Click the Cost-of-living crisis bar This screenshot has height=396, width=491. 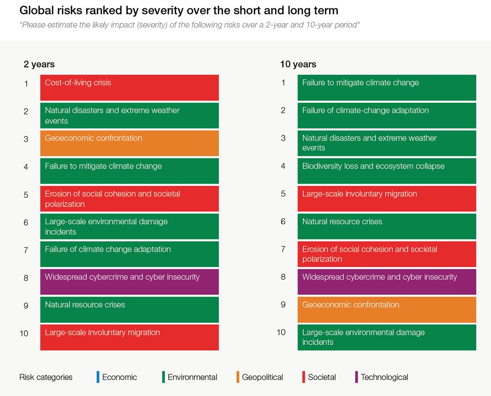coord(129,88)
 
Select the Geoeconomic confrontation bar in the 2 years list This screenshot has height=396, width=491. coord(129,143)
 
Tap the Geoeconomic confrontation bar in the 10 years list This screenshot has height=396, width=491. coord(387,309)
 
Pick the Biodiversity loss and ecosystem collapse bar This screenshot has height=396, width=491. coord(387,171)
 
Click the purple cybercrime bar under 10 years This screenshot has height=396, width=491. coord(387,282)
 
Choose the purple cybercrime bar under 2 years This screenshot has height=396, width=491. coord(129,282)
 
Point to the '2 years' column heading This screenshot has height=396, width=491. coord(39,64)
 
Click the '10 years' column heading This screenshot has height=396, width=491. coord(298,64)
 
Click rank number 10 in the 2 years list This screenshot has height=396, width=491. coord(24,333)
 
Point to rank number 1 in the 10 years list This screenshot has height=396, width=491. coord(283,83)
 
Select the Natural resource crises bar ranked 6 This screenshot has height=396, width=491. coord(387,226)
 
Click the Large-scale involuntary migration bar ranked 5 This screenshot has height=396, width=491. coord(387,199)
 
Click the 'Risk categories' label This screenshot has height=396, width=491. coord(46,377)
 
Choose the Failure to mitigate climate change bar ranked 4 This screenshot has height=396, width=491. coord(129,171)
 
